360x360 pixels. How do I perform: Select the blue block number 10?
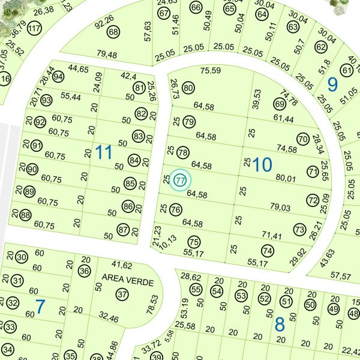point(262,164)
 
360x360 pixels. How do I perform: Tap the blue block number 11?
point(104,152)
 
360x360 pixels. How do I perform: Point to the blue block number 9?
point(332,85)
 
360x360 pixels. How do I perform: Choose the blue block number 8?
point(279,325)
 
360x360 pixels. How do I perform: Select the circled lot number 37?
point(122,295)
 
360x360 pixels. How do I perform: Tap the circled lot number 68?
point(113,32)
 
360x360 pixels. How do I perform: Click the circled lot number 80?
point(188,89)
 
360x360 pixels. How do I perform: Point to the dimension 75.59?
point(211,71)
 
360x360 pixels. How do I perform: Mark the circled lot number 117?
point(34,29)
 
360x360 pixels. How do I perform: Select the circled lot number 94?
point(58,77)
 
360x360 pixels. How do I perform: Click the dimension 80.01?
point(286,178)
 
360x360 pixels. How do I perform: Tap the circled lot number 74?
point(268,251)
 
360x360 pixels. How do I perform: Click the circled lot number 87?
point(123,230)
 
